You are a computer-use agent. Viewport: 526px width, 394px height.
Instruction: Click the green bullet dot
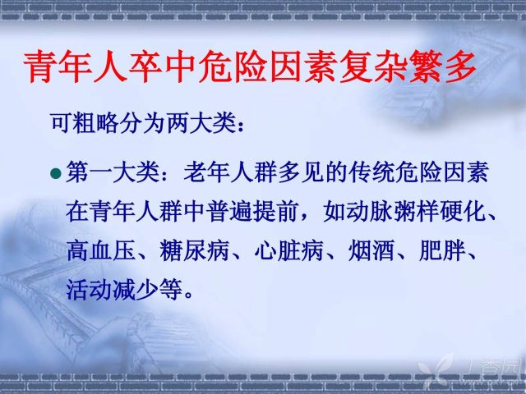tap(56, 173)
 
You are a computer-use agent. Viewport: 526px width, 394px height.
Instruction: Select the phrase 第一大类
tap(113, 172)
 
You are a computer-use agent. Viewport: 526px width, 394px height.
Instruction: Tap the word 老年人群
tap(230, 172)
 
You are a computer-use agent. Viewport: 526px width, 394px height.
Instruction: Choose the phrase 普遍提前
tap(252, 212)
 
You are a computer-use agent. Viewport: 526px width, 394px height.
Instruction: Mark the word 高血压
tap(101, 250)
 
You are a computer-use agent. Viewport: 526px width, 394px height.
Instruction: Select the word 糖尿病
tap(194, 250)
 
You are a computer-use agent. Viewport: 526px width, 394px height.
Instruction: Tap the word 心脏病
tap(288, 250)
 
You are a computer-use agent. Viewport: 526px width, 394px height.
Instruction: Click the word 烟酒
tap(371, 250)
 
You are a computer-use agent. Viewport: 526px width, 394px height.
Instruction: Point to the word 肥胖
tap(442, 250)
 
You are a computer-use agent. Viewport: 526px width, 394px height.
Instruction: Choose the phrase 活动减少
tap(113, 290)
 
